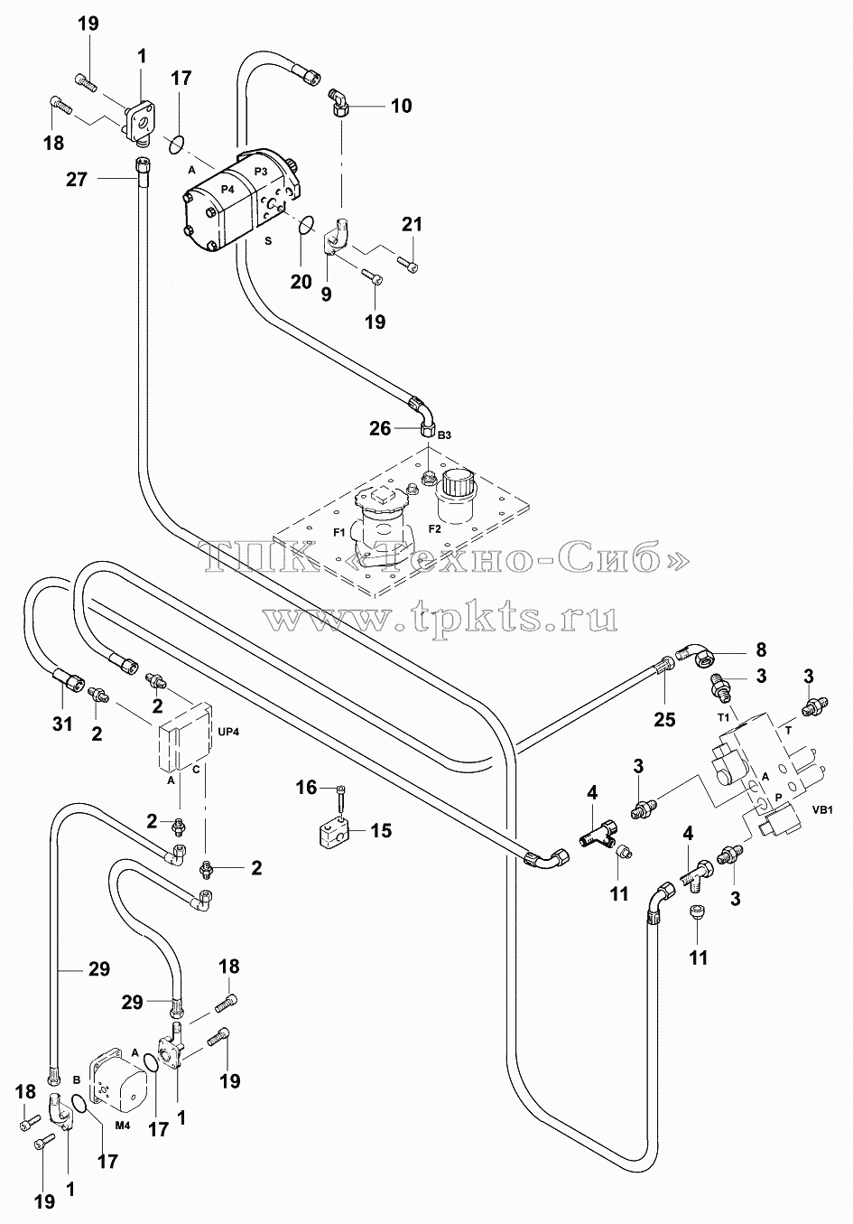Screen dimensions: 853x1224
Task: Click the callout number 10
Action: (x=402, y=106)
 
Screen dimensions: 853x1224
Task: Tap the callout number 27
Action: (x=77, y=179)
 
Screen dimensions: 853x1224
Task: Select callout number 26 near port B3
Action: (x=380, y=428)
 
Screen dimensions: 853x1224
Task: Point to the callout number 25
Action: (x=664, y=720)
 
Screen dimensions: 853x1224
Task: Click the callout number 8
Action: (x=761, y=649)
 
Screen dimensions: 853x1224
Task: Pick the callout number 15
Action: (x=381, y=830)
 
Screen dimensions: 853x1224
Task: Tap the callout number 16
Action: (x=306, y=788)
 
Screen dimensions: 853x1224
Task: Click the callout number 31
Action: (x=62, y=724)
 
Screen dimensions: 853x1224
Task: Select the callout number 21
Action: (x=413, y=224)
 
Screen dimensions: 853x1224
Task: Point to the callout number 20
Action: (x=301, y=282)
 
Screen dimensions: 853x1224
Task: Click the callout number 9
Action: (x=326, y=294)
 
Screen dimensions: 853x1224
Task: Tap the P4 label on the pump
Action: (x=227, y=189)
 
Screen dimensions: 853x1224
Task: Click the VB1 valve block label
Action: (x=822, y=810)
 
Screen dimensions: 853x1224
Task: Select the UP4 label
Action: (x=228, y=731)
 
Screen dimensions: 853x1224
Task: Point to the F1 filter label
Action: (x=339, y=533)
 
